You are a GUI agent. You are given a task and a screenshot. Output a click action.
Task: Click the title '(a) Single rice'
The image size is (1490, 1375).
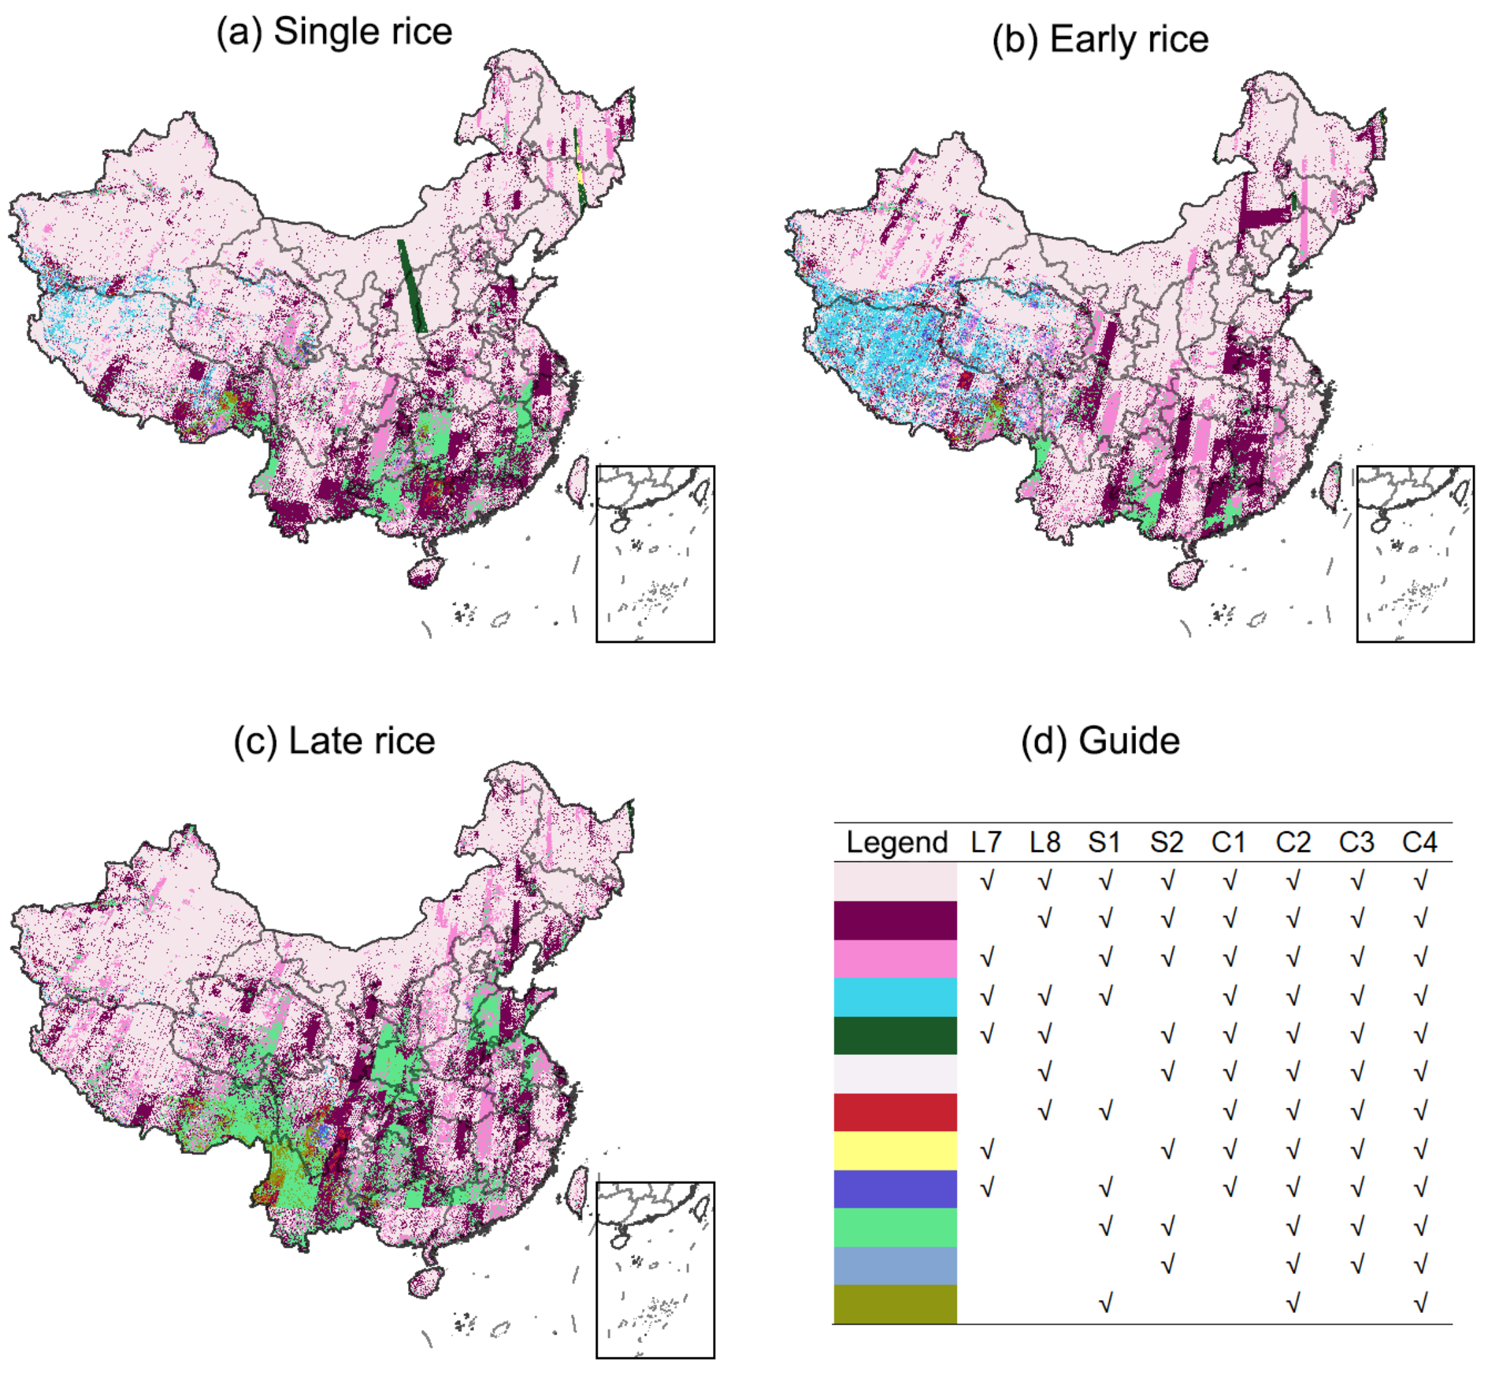(334, 32)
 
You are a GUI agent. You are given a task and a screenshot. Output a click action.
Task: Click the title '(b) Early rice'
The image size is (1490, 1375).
(1100, 38)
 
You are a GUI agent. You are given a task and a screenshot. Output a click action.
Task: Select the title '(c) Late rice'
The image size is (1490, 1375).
(334, 741)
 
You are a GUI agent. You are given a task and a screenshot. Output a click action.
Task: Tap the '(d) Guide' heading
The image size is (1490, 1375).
(1100, 741)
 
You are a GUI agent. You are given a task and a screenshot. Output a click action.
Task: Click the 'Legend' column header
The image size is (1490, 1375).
(896, 842)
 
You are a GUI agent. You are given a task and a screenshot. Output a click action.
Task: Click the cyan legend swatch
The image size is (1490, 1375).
(895, 997)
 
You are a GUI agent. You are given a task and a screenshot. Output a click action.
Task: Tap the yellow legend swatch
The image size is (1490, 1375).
(895, 1150)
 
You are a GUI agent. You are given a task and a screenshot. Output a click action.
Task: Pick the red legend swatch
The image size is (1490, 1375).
(895, 1112)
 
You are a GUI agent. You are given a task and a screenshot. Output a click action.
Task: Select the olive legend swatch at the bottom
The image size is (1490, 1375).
(895, 1303)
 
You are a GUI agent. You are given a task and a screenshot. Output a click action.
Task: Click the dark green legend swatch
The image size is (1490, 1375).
(895, 1035)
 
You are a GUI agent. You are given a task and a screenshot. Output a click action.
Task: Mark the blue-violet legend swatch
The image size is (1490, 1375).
(895, 1189)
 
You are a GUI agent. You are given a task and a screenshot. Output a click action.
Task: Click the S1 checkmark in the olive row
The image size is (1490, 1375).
(1105, 1303)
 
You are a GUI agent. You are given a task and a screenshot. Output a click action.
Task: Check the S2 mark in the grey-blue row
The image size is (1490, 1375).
(1167, 1264)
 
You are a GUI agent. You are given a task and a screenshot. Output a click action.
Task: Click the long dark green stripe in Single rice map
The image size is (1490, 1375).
(411, 286)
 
